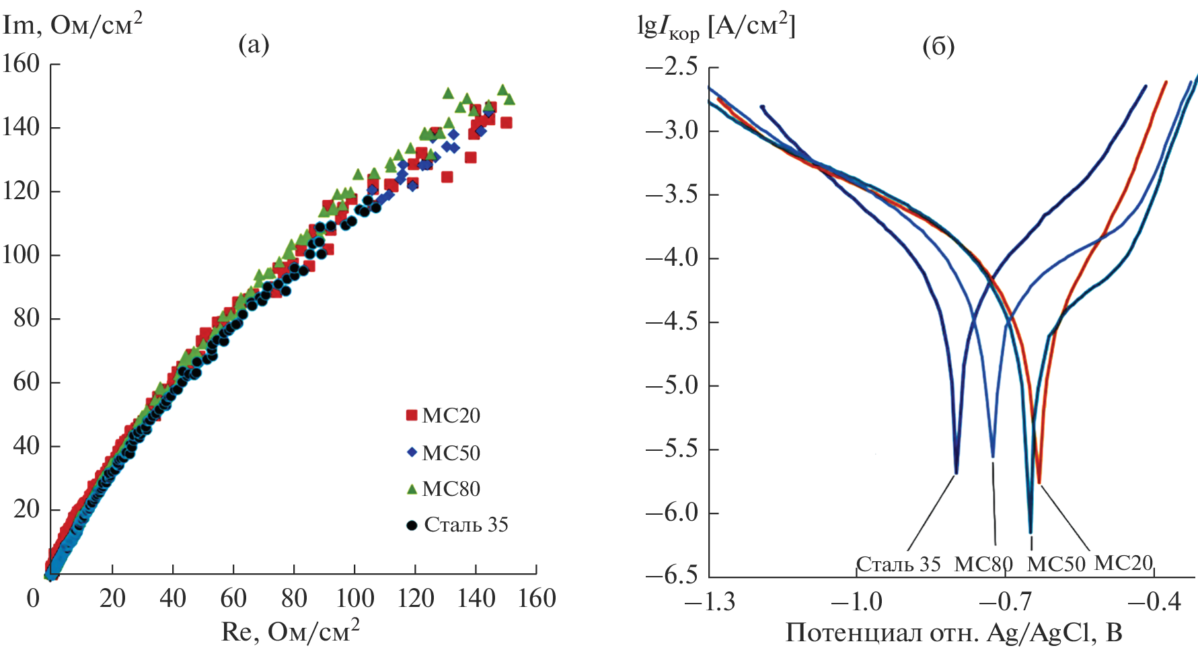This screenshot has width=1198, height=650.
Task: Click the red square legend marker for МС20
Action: [x=412, y=415]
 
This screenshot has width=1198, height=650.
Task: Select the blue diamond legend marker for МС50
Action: [x=412, y=452]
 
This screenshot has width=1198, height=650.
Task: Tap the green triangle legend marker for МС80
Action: [x=412, y=489]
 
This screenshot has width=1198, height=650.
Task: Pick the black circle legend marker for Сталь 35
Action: [x=412, y=525]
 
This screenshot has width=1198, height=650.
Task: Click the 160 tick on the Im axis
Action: [x=22, y=64]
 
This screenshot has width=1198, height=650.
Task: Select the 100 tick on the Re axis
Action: [x=354, y=598]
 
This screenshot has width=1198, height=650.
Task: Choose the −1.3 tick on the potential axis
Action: [x=710, y=600]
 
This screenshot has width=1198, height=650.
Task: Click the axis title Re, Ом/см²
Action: [x=290, y=631]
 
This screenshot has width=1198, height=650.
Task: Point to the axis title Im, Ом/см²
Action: [x=73, y=26]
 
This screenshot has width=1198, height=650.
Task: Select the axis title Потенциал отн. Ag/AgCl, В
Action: [x=954, y=633]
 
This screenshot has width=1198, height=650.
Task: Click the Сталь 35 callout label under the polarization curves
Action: [x=898, y=564]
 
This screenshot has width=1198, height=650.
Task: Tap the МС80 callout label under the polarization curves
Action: [x=983, y=564]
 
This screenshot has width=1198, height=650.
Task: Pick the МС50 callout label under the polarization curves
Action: [x=1056, y=564]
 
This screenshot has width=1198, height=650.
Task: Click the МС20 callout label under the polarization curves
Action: [x=1123, y=562]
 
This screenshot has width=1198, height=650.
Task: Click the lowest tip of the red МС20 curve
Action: [x=1039, y=482]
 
